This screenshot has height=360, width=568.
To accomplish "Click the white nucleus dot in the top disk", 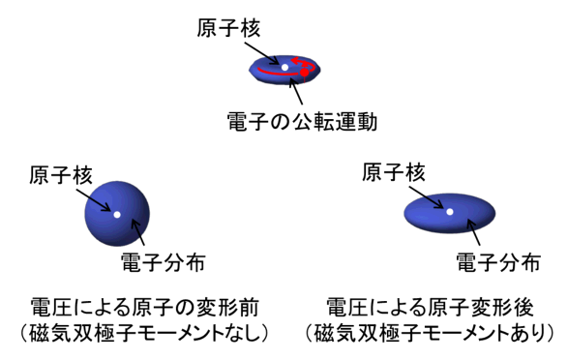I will click(284, 67).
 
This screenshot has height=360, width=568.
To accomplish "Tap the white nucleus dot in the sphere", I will click(116, 215).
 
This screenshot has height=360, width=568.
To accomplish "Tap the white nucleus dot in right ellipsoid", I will click(449, 210).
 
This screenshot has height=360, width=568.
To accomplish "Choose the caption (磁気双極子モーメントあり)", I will click(432, 335).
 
